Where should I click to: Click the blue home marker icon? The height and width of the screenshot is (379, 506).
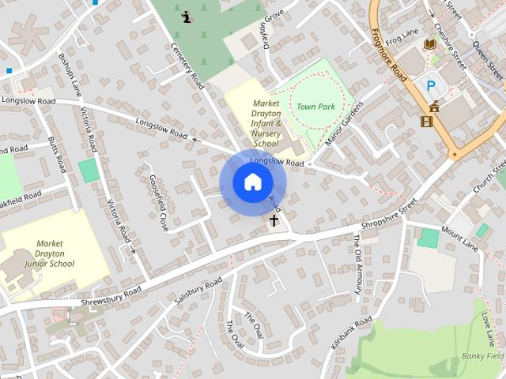coord(252,182)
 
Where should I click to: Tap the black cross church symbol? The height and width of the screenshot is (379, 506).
coord(274,221)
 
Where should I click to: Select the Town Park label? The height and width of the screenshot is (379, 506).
coord(316,105)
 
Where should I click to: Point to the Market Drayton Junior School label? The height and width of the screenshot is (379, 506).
coord(50,253)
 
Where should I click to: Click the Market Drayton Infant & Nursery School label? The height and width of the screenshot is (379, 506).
coord(266,123)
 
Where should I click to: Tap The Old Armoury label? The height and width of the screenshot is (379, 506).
coord(357,264)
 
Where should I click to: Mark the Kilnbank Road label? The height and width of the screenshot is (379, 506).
coord(350,335)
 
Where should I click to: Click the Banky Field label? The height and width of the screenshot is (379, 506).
coord(483,356)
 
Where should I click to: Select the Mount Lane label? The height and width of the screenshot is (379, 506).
coord(460,238)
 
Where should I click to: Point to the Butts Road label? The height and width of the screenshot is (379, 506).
coord(58,154)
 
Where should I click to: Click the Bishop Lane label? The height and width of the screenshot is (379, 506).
coord(70,75)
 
